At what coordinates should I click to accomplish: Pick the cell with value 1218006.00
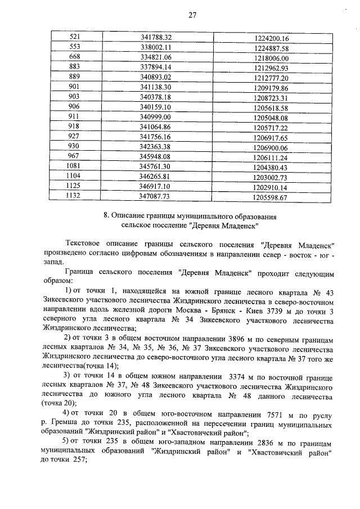pyautogui.click(x=271, y=58)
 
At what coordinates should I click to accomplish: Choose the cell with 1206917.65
pyautogui.click(x=271, y=137)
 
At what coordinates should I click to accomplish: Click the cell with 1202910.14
pyautogui.click(x=271, y=188)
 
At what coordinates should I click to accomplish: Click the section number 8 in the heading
pyautogui.click(x=106, y=216)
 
